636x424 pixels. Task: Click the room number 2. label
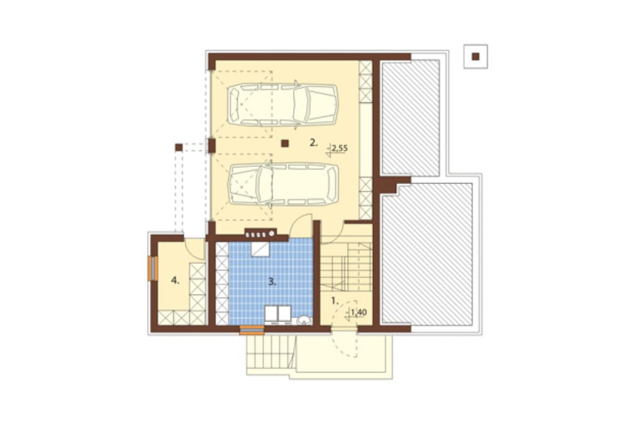(313, 143)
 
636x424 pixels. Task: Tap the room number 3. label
(272, 281)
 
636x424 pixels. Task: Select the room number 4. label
(175, 280)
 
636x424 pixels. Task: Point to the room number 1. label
(335, 301)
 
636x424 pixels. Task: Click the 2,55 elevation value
(340, 148)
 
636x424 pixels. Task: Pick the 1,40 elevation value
(359, 313)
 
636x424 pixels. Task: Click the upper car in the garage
(283, 104)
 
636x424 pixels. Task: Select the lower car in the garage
(283, 185)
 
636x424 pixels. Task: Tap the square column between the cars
(285, 143)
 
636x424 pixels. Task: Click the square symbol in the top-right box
(476, 57)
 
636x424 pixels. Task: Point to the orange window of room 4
(153, 269)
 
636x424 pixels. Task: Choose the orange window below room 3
(252, 330)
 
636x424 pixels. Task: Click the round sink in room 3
(303, 320)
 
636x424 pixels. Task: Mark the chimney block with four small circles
(260, 234)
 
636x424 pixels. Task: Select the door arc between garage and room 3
(300, 225)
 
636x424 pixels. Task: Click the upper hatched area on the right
(411, 118)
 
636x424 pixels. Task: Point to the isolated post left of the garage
(179, 148)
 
